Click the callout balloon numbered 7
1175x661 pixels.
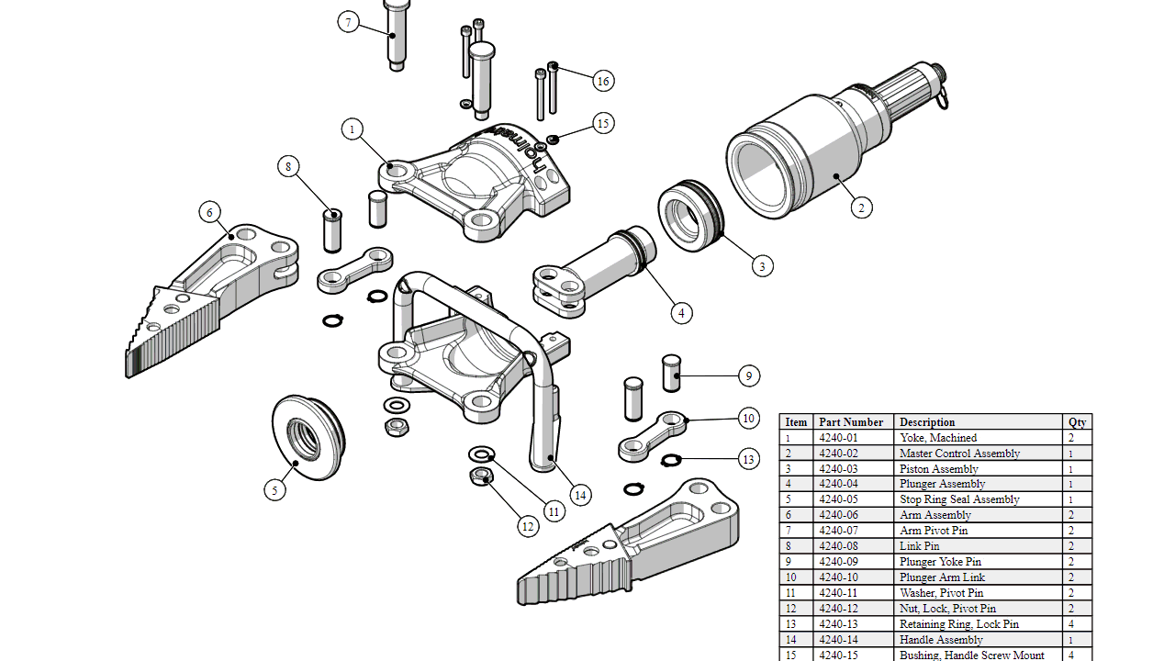click(x=348, y=22)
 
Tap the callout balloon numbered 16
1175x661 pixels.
click(x=603, y=81)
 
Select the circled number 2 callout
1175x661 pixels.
click(x=860, y=207)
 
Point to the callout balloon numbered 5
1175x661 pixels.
click(x=274, y=490)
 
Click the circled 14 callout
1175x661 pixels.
click(x=580, y=495)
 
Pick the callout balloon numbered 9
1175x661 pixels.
click(x=749, y=375)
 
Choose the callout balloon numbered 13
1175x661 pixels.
click(x=749, y=459)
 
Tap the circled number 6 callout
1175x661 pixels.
click(x=210, y=212)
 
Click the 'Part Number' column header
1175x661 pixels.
click(x=851, y=422)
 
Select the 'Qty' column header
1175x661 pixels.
click(x=1077, y=422)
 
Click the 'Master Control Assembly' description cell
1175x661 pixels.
click(x=959, y=454)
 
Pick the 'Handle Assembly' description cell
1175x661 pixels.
click(x=941, y=640)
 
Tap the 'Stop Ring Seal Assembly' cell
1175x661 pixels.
click(x=959, y=499)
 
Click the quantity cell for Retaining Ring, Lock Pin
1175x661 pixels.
click(x=1071, y=624)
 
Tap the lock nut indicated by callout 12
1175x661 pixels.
click(x=481, y=476)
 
